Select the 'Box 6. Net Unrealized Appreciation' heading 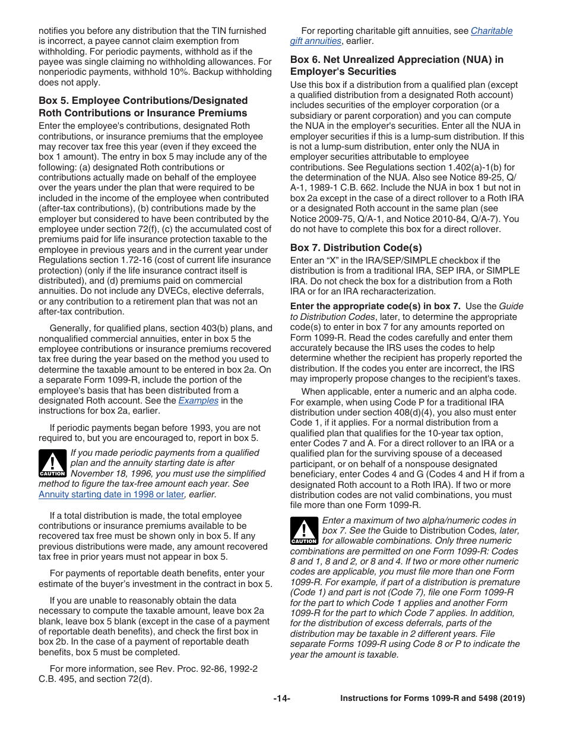[x=397, y=65]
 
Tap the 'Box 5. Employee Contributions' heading [x=143, y=107]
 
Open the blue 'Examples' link [x=198, y=401]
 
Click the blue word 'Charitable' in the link [x=492, y=31]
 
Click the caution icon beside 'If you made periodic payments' [x=52, y=464]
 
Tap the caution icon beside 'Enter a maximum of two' [x=303, y=531]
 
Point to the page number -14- [x=281, y=699]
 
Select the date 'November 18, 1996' [x=109, y=473]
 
